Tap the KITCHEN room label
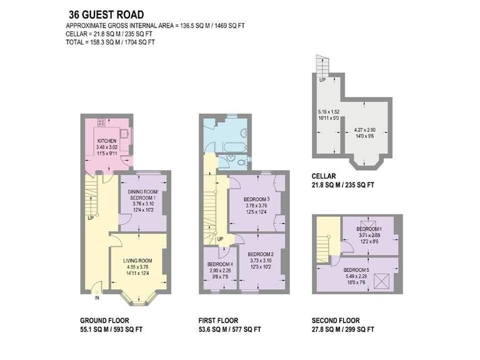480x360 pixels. (x=107, y=141)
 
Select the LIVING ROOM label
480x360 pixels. (x=137, y=261)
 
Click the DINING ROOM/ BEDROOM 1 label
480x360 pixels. (x=143, y=194)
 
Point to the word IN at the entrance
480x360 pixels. (x=97, y=299)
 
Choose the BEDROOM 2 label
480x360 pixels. (x=261, y=254)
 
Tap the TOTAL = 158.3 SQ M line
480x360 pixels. (x=110, y=42)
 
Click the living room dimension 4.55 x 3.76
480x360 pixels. (x=137, y=267)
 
